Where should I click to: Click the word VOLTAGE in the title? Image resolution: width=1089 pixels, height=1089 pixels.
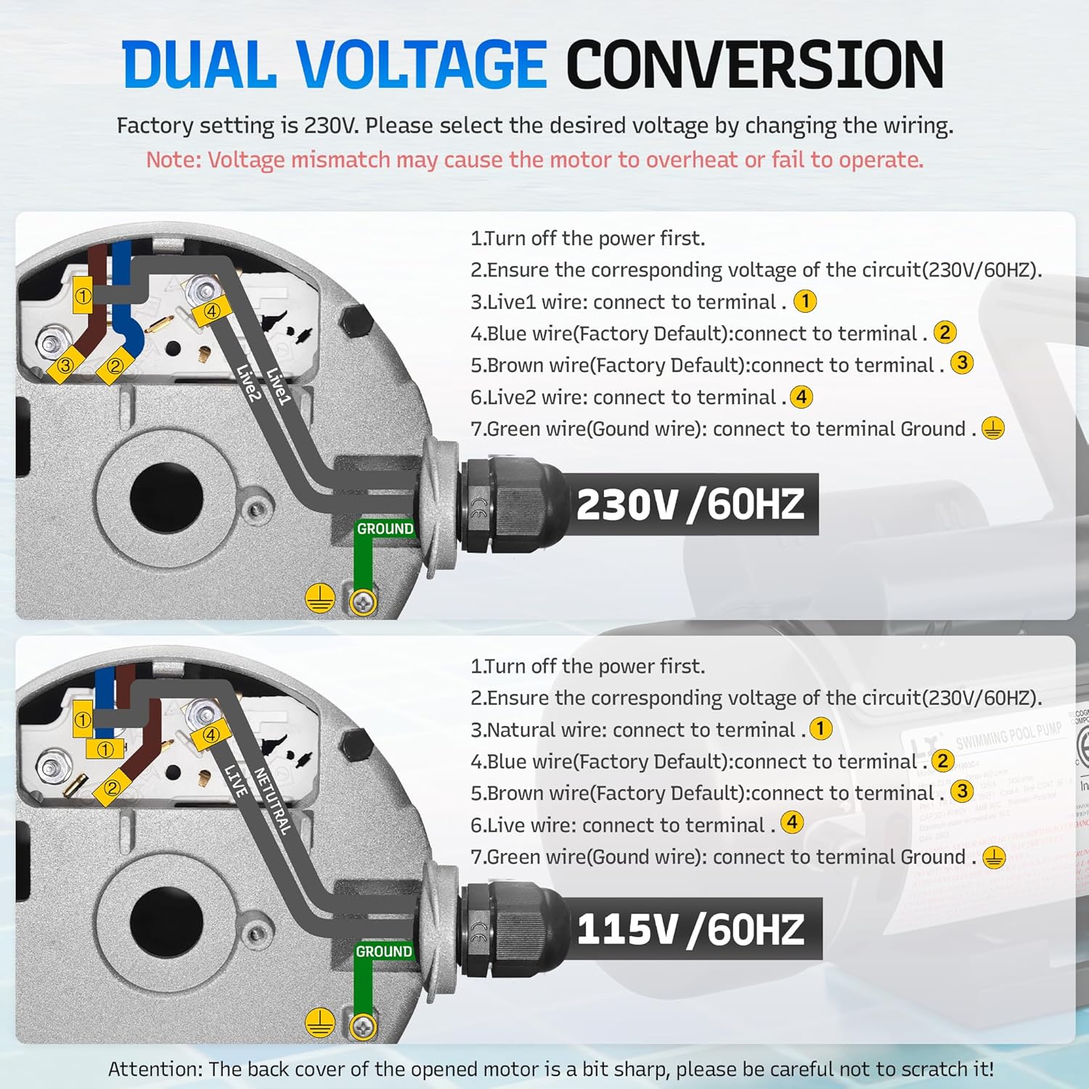(421, 65)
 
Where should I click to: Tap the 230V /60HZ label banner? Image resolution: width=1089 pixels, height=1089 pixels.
(690, 505)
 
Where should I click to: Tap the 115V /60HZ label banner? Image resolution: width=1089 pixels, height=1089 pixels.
(690, 929)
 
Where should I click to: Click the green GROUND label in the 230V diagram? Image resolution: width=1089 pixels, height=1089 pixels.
(384, 529)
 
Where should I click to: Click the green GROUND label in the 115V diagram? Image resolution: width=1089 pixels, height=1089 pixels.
(383, 951)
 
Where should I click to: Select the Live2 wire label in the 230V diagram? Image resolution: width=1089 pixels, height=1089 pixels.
(248, 383)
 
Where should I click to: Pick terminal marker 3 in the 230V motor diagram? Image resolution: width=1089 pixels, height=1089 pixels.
(65, 365)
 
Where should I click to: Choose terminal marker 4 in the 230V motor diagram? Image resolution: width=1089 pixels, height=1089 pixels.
(211, 311)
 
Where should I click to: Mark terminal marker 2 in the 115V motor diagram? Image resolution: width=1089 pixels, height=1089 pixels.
(112, 788)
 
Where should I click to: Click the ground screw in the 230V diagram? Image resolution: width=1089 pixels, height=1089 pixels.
(363, 602)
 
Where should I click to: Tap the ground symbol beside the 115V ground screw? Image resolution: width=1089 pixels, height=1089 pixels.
(319, 1022)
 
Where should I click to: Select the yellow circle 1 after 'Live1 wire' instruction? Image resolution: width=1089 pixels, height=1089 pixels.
(805, 301)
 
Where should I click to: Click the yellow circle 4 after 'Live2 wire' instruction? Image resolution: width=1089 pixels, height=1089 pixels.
(801, 397)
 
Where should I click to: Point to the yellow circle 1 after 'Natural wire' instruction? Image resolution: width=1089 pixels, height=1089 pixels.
(821, 728)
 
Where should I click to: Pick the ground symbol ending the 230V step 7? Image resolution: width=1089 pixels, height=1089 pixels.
(993, 428)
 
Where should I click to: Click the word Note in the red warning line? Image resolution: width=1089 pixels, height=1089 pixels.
(172, 160)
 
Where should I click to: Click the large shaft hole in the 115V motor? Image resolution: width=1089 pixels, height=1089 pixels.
(166, 918)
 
